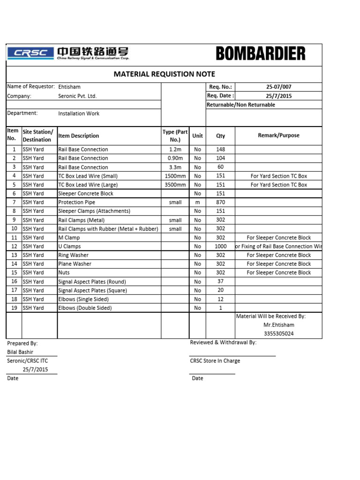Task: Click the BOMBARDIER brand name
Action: pyautogui.click(x=261, y=53)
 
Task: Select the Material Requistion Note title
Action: pyautogui.click(x=165, y=74)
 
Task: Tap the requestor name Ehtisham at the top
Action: pyautogui.click(x=69, y=87)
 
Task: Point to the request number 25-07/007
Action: pyautogui.click(x=278, y=87)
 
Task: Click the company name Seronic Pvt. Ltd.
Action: pyautogui.click(x=77, y=96)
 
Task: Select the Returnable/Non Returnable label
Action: pyautogui.click(x=241, y=105)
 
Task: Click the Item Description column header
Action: pyautogui.click(x=79, y=136)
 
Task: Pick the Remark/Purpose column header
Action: pyautogui.click(x=278, y=135)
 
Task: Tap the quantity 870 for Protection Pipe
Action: pyautogui.click(x=220, y=202)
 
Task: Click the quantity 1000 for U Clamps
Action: pyautogui.click(x=220, y=247)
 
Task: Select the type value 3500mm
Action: pyautogui.click(x=175, y=185)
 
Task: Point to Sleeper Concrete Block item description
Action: pyautogui.click(x=86, y=194)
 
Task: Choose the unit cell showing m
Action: pyautogui.click(x=197, y=202)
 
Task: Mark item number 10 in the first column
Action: pyautogui.click(x=14, y=229)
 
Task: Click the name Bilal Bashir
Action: pyautogui.click(x=20, y=352)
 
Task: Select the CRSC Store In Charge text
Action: pyautogui.click(x=215, y=361)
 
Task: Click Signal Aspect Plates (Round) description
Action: pyautogui.click(x=92, y=282)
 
